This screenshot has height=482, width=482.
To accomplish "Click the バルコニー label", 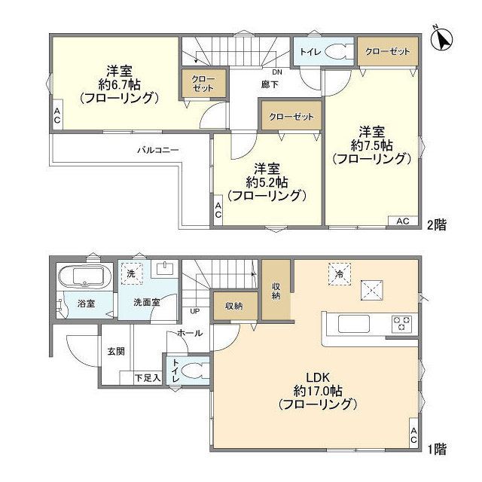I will (157, 150).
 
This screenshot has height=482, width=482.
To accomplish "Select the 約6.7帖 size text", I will (118, 84).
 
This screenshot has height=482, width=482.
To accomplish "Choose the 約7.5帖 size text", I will (371, 144).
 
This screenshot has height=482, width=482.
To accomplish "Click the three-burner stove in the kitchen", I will (402, 324).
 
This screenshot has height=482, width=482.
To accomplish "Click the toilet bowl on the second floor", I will (336, 53).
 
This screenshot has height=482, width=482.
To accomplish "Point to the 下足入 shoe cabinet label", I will (147, 377).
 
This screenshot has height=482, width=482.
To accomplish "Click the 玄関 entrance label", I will (116, 350).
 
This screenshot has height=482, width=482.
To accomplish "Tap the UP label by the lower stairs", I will (195, 310).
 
